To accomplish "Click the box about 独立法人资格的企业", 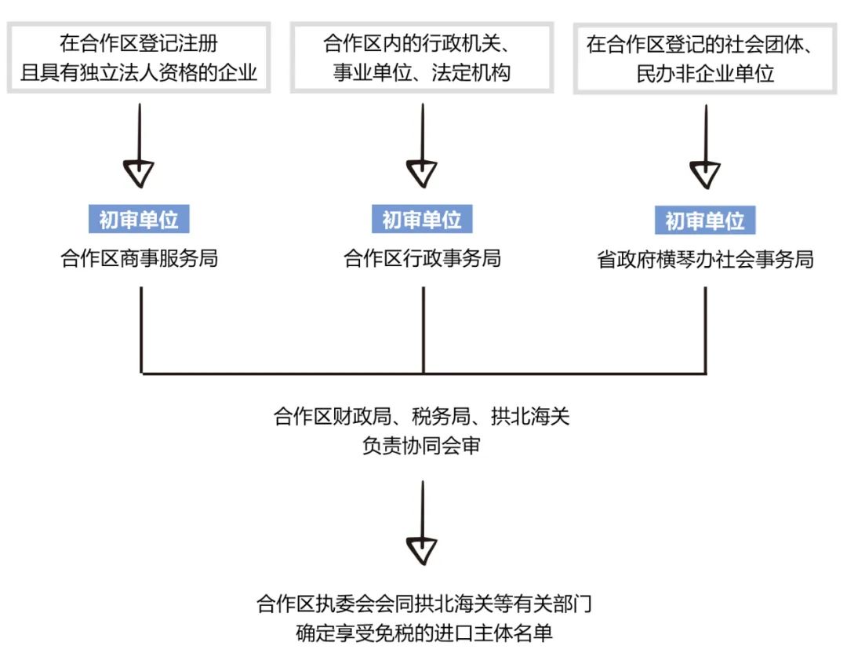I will click(x=139, y=57).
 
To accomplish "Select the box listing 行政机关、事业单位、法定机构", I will click(x=423, y=57).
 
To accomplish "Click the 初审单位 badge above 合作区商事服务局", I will click(x=140, y=219).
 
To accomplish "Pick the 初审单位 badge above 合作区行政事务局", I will click(x=423, y=219).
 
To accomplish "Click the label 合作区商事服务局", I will click(x=140, y=259).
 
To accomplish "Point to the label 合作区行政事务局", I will click(x=423, y=259).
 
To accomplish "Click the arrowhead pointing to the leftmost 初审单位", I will click(x=140, y=173).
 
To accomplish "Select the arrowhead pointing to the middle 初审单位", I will click(x=423, y=173).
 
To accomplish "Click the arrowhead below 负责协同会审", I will click(x=423, y=550).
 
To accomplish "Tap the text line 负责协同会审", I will click(x=423, y=446).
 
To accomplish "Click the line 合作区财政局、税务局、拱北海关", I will click(x=423, y=416).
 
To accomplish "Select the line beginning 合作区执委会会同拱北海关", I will click(x=423, y=604).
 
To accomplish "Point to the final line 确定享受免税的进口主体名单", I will click(x=423, y=633).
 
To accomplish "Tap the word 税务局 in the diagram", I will click(x=444, y=416).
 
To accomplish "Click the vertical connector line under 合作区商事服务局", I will click(x=141, y=330).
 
